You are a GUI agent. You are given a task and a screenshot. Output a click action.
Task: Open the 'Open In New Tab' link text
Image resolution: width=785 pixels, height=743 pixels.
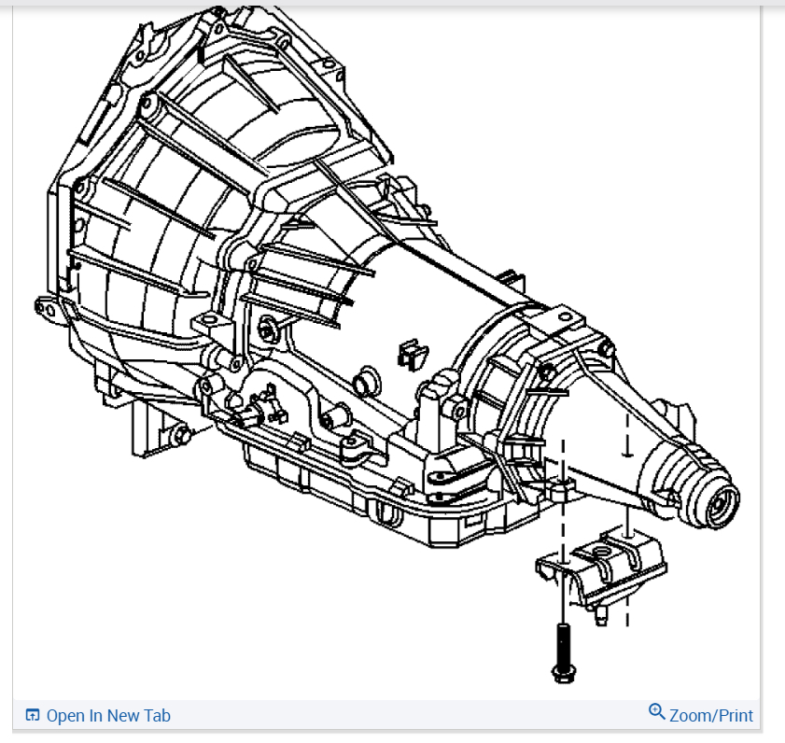(108, 716)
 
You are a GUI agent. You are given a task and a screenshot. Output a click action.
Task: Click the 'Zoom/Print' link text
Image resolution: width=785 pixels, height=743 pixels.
(710, 716)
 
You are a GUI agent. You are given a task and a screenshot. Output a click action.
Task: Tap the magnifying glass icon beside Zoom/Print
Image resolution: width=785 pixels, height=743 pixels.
(657, 713)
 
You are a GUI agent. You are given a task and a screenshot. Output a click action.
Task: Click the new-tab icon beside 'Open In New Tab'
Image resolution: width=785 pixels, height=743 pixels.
(33, 716)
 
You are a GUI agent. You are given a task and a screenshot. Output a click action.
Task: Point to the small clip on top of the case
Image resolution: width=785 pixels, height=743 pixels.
(412, 353)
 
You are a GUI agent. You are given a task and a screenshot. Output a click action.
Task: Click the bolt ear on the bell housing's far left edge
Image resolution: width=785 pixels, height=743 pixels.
(43, 304)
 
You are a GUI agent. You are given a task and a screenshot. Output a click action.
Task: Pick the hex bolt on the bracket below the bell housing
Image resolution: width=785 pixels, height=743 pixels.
(179, 434)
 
